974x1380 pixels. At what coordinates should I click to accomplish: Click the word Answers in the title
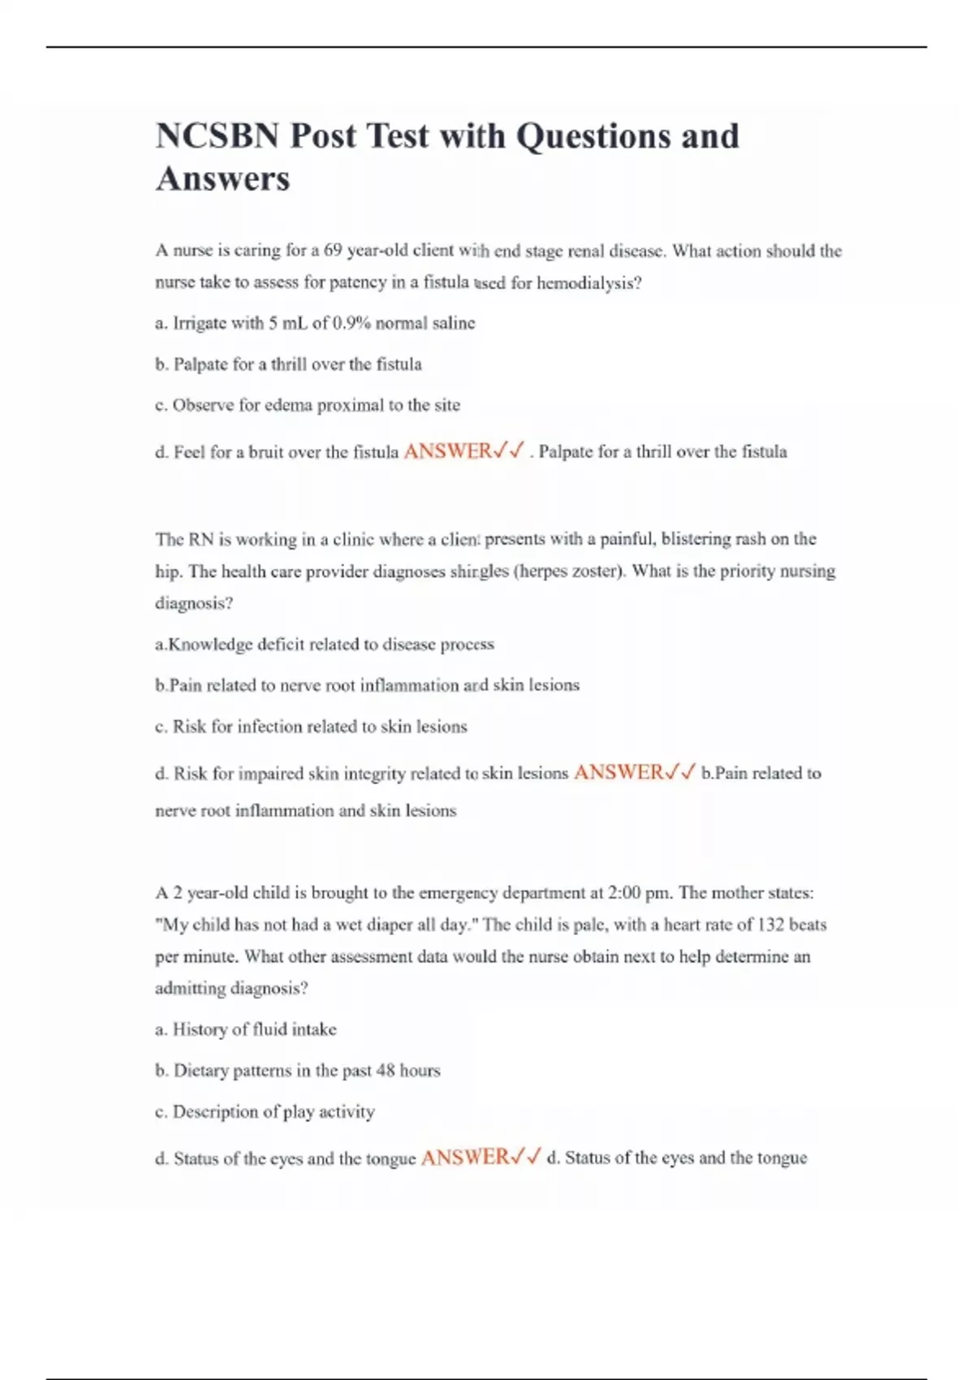point(222,179)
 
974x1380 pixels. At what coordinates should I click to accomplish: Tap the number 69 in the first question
point(333,251)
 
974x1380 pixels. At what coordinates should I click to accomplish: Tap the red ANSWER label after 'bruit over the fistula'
point(447,451)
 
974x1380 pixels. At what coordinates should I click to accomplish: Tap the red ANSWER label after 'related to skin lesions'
point(618,773)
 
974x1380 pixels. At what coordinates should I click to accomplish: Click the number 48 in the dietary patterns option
point(385,1071)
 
